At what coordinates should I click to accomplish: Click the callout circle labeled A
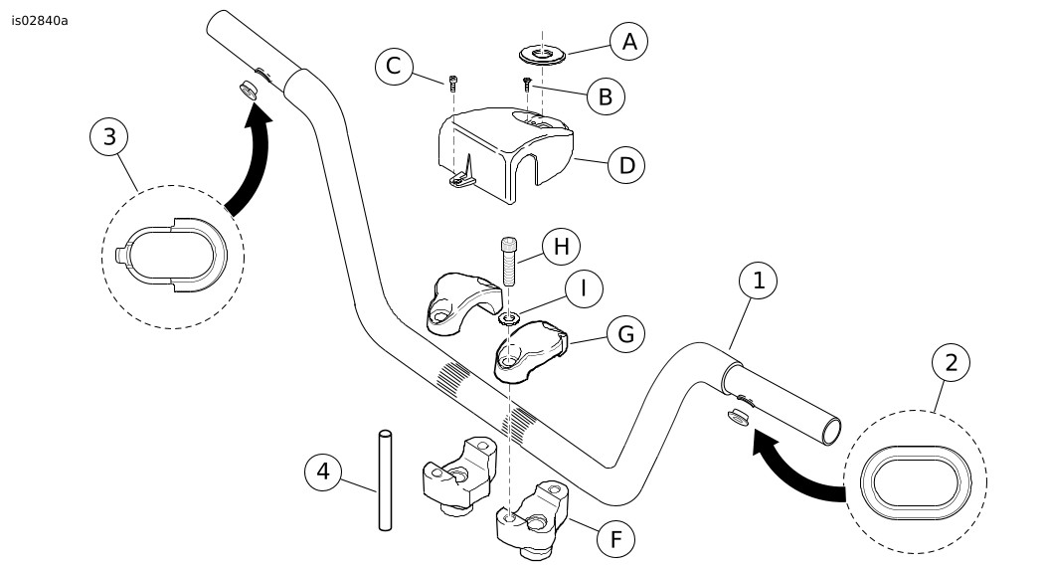tap(627, 42)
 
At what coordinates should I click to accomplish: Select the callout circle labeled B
tap(605, 96)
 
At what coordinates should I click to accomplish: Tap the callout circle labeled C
tap(394, 67)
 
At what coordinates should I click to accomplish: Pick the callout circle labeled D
tap(626, 164)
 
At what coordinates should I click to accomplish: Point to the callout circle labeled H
tap(561, 245)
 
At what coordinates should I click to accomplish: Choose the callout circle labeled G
tap(625, 333)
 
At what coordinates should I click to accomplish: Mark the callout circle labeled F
tap(615, 538)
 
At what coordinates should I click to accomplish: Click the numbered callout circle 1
tap(759, 282)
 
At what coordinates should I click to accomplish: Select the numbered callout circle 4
tap(322, 470)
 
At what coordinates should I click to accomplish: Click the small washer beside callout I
tap(508, 319)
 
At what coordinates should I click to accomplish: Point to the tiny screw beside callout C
tap(453, 84)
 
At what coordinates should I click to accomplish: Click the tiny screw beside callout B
tap(527, 85)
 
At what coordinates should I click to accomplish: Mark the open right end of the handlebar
tap(832, 430)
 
